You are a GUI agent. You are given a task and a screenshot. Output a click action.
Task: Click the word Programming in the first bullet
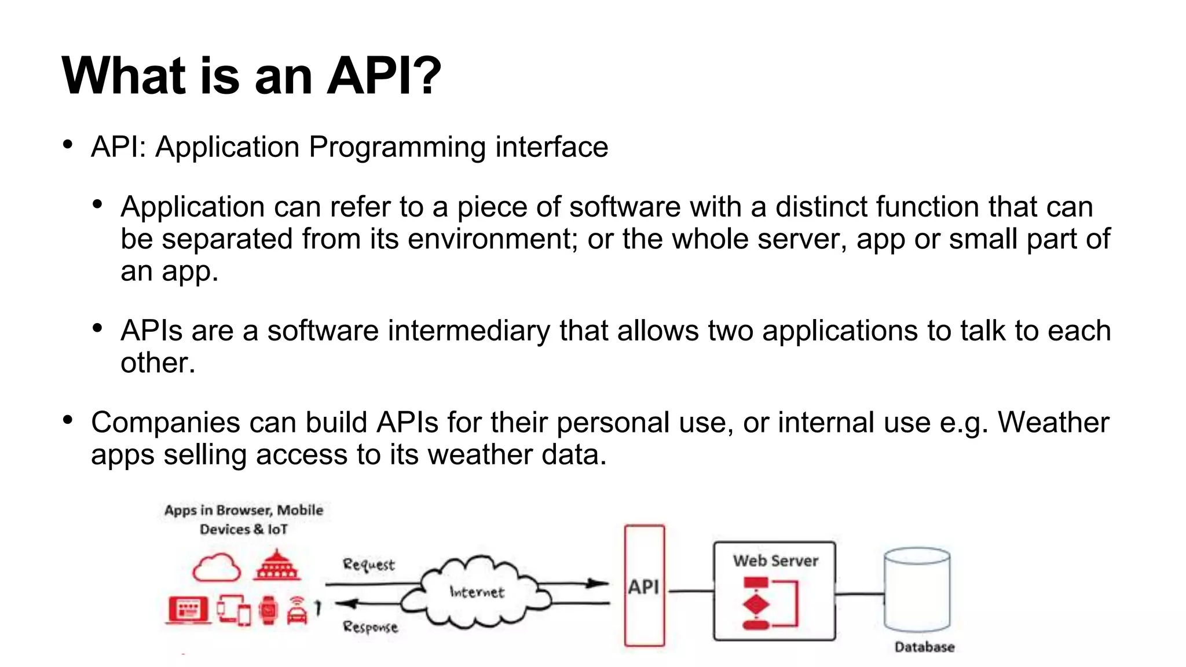point(397,147)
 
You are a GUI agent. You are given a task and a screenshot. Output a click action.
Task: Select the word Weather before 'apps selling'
point(1053,422)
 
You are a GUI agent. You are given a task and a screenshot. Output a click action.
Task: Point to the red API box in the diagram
point(644,586)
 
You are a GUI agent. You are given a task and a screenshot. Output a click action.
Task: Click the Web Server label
point(775,560)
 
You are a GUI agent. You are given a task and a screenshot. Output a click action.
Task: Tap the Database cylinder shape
point(917,591)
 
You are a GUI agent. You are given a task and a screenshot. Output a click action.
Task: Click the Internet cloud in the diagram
point(477,592)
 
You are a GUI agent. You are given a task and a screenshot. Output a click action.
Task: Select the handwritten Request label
point(368,565)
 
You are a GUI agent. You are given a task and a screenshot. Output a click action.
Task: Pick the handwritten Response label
point(370,627)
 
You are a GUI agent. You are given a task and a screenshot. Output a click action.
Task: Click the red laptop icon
point(188,610)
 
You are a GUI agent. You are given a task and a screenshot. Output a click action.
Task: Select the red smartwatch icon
point(268,610)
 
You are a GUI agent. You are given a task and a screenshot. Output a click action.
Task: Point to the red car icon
point(297,612)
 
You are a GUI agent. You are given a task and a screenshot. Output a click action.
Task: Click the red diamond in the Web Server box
point(756,605)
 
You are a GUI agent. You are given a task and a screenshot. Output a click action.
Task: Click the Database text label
point(924,647)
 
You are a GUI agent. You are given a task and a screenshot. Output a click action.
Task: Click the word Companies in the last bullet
point(165,422)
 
